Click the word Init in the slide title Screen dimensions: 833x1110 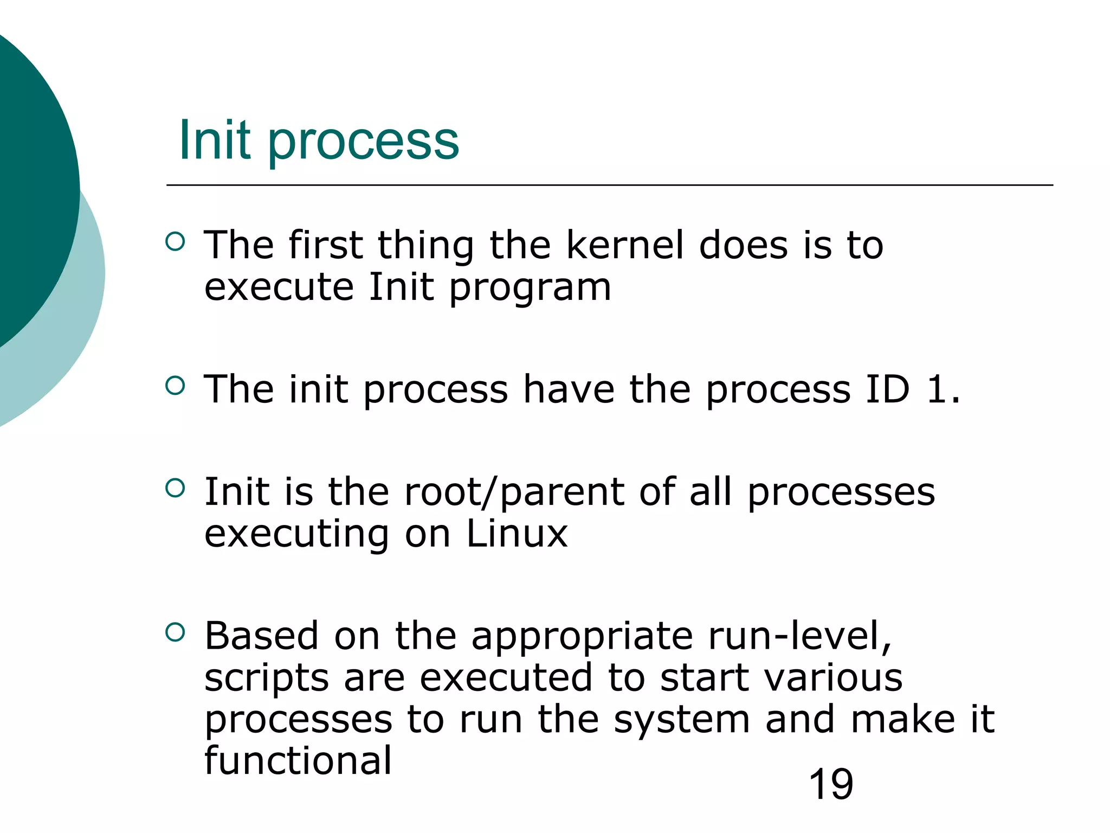point(215,140)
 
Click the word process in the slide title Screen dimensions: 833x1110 point(363,142)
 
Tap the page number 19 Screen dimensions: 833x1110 point(830,784)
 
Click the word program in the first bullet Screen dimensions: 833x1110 point(530,288)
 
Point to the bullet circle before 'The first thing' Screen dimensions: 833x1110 point(175,241)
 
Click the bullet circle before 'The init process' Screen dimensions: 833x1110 point(175,386)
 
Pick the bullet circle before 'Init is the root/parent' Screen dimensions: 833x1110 point(175,488)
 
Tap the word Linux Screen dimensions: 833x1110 point(517,534)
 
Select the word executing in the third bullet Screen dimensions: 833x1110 point(296,535)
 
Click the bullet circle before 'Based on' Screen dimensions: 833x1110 point(175,632)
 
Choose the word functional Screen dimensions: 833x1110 point(298,760)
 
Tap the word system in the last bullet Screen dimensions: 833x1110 point(681,720)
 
